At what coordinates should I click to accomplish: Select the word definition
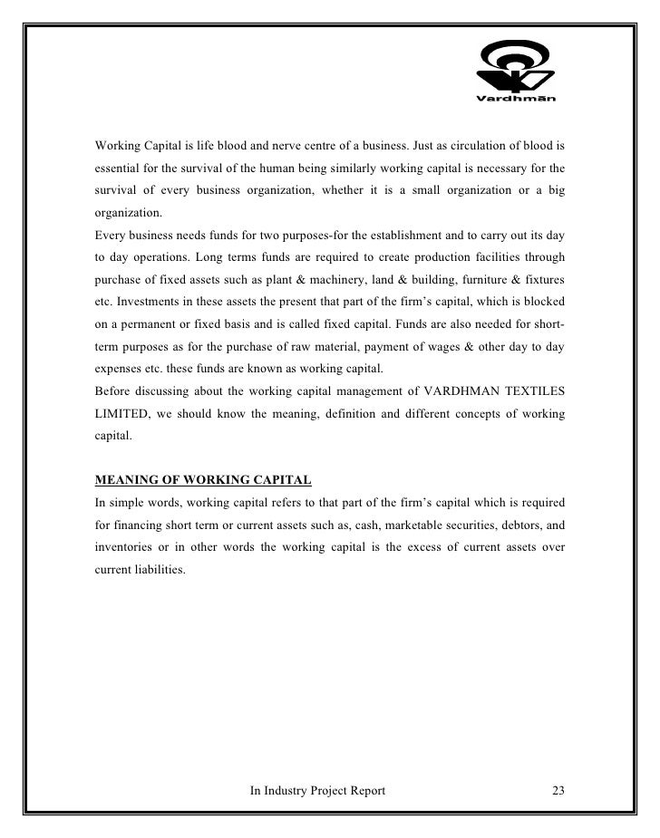coord(385,414)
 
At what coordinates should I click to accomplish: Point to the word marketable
coord(383,524)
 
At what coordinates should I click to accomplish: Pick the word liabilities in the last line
coord(160,571)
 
